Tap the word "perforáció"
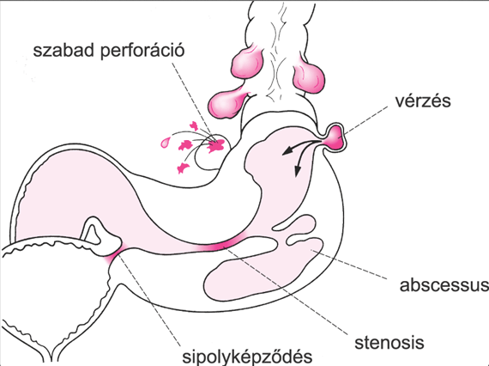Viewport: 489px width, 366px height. pyautogui.click(x=142, y=52)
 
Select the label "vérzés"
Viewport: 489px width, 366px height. pyautogui.click(x=423, y=101)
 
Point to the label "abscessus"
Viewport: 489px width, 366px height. pyautogui.click(x=444, y=285)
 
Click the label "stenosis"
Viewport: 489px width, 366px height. pyautogui.click(x=389, y=343)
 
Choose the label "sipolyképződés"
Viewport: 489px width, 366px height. pyautogui.click(x=247, y=357)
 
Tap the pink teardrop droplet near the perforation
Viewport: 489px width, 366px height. pyautogui.click(x=166, y=142)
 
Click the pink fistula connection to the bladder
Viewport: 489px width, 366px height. pyautogui.click(x=113, y=254)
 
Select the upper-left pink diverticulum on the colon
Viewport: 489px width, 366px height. pyautogui.click(x=247, y=63)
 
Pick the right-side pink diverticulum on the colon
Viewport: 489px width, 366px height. pyautogui.click(x=309, y=75)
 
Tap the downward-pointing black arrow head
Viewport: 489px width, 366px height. pyautogui.click(x=298, y=171)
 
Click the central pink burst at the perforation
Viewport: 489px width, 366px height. pyautogui.click(x=216, y=144)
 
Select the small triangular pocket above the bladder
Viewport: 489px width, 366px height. pyautogui.click(x=92, y=233)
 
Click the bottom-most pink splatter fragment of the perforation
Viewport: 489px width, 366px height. pyautogui.click(x=183, y=168)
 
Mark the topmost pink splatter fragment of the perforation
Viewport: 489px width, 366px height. pyautogui.click(x=194, y=125)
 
